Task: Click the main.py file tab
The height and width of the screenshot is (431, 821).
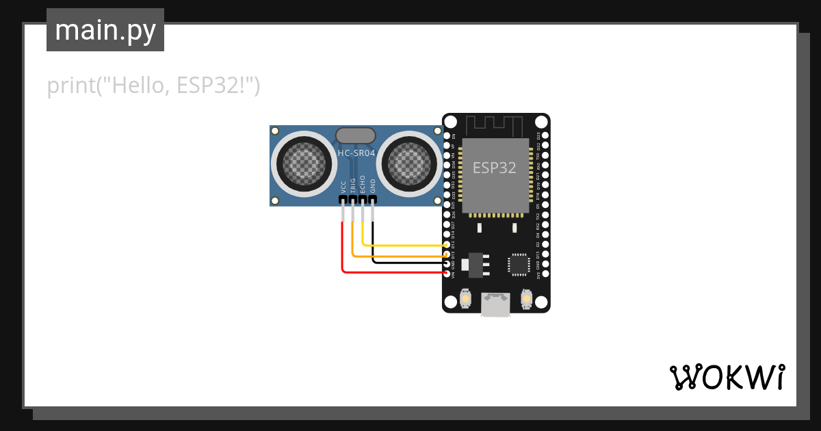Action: (x=105, y=30)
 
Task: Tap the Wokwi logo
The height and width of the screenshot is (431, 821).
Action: (x=727, y=377)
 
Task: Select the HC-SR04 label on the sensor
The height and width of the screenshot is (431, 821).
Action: (x=356, y=153)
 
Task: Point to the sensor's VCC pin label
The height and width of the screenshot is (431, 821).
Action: (x=343, y=186)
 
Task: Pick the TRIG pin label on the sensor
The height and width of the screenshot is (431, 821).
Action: (x=353, y=185)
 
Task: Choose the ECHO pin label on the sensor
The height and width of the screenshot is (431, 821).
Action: (x=363, y=185)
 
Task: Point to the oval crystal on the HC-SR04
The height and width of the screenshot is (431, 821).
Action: (x=356, y=135)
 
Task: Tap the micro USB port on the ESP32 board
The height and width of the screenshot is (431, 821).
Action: (x=496, y=304)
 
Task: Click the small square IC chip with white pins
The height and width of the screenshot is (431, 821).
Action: (x=519, y=264)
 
